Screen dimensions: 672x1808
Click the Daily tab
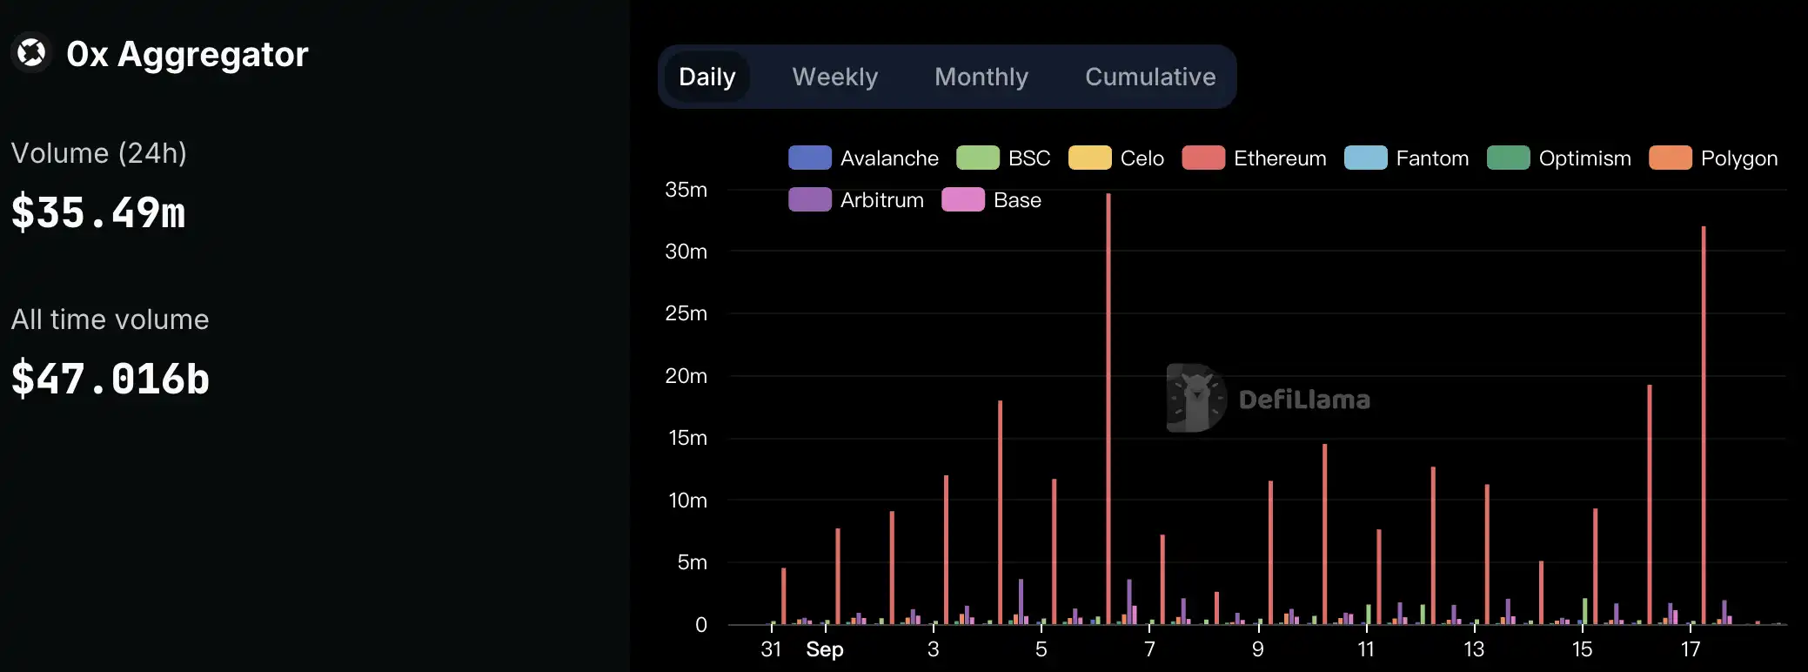(706, 77)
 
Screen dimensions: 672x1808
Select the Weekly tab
(834, 77)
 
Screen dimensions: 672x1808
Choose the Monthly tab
(981, 77)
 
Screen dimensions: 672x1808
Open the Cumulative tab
(1149, 77)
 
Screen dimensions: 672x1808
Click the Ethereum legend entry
(1254, 158)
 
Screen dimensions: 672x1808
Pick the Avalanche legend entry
(863, 158)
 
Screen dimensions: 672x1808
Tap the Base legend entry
(991, 200)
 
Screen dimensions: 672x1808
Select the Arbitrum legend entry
(856, 200)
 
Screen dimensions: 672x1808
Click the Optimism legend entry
(1558, 158)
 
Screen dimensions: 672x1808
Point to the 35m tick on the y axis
(686, 190)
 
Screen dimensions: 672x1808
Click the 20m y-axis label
(686, 376)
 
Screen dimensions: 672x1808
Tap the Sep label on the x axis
(824, 649)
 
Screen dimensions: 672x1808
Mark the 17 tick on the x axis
(1690, 649)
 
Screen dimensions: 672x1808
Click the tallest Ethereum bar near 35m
(1108, 409)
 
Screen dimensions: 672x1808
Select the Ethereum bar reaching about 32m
(1704, 427)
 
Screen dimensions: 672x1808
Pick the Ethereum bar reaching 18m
(1001, 514)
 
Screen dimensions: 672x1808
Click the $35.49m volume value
(98, 213)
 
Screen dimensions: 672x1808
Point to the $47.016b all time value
(110, 380)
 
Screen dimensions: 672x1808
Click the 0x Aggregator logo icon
(31, 53)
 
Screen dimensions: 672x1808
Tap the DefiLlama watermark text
(1303, 400)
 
